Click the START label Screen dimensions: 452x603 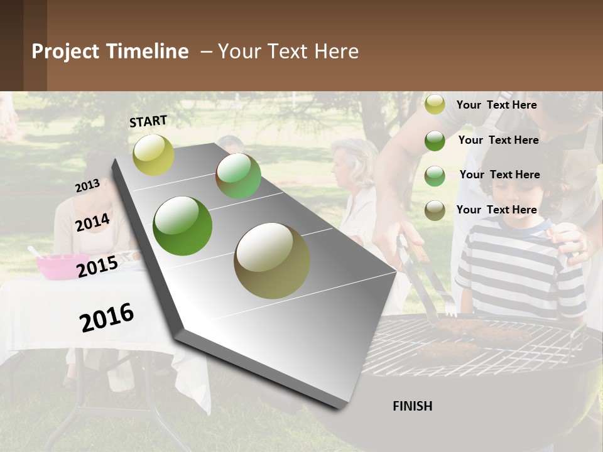pyautogui.click(x=148, y=121)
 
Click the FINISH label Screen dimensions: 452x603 pyautogui.click(x=412, y=406)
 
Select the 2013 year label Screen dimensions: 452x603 pyautogui.click(x=87, y=186)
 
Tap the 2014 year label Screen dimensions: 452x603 pyautogui.click(x=93, y=223)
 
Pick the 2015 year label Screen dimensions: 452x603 pyautogui.click(x=97, y=267)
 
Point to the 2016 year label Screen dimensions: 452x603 pyautogui.click(x=107, y=317)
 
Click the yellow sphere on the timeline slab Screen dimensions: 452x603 pyautogui.click(x=153, y=154)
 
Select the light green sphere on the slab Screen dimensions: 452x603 pyautogui.click(x=238, y=176)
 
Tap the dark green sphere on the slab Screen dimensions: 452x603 pyautogui.click(x=183, y=226)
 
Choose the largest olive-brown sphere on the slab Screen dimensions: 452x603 pyautogui.click(x=272, y=261)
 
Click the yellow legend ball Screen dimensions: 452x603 pyautogui.click(x=435, y=104)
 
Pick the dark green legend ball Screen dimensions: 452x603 pyautogui.click(x=435, y=140)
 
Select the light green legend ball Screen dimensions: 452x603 pyautogui.click(x=435, y=175)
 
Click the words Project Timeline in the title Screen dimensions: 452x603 pyautogui.click(x=110, y=51)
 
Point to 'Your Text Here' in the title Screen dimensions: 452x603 pyautogui.click(x=288, y=51)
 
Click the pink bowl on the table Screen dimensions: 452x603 pyautogui.click(x=56, y=266)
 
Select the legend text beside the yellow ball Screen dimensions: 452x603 pyautogui.click(x=496, y=105)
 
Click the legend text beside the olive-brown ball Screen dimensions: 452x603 pyautogui.click(x=496, y=210)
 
